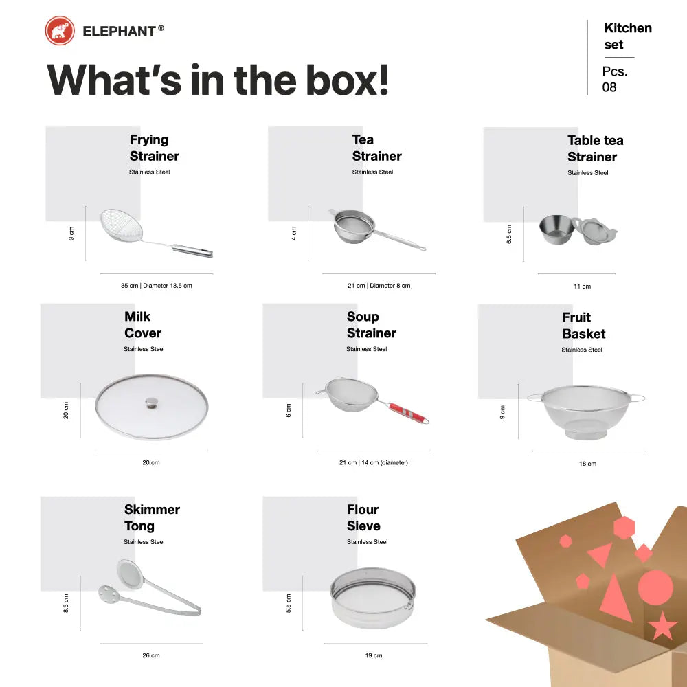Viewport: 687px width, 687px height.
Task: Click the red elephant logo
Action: pos(60,31)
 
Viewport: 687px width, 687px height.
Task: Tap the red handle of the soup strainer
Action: pos(407,413)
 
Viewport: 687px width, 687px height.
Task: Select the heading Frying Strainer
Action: pos(154,148)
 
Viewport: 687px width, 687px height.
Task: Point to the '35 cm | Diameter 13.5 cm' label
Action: pos(157,286)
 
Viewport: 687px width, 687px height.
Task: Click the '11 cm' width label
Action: pos(583,286)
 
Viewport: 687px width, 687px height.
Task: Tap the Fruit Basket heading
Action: pos(583,326)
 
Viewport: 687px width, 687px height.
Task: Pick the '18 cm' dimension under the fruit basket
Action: pos(587,464)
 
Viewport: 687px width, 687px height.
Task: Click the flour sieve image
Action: pos(373,598)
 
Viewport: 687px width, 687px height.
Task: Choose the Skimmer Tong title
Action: pos(152,517)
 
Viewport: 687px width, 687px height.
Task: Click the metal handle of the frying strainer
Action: pos(192,251)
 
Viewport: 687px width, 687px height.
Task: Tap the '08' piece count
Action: pos(609,87)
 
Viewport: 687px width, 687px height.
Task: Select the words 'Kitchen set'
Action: pos(628,36)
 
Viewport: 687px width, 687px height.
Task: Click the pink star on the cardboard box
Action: pos(662,626)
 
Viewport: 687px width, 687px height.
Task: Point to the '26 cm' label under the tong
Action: pos(151,655)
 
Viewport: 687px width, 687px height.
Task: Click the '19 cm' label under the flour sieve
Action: pos(374,655)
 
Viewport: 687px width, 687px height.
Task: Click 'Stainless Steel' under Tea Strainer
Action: pos(372,172)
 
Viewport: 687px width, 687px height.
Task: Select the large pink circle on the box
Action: pos(655,587)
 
